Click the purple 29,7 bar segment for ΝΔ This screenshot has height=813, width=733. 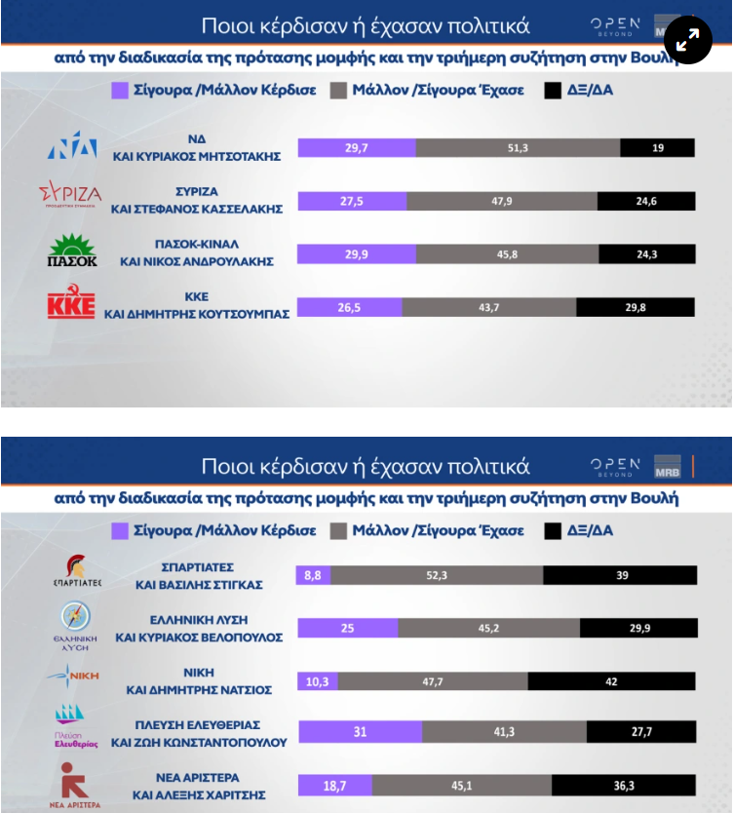[357, 148]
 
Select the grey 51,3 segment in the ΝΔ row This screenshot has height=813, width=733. [518, 148]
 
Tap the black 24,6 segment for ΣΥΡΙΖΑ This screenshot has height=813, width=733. [646, 201]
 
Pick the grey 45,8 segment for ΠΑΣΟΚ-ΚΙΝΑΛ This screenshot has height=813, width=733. [507, 254]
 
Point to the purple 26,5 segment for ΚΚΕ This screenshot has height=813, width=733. [349, 307]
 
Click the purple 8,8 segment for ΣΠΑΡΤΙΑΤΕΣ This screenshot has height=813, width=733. [313, 575]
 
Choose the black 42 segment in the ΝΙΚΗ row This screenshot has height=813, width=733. [612, 681]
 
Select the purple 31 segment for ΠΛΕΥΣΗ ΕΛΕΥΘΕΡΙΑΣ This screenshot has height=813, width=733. [361, 731]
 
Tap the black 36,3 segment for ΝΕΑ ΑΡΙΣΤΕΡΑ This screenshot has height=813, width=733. [624, 786]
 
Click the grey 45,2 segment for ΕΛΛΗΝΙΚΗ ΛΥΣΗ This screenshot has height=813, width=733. [489, 629]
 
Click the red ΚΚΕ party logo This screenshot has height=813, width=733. [71, 301]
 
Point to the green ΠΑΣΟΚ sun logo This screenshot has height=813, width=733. [72, 251]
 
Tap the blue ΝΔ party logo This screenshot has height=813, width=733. [72, 144]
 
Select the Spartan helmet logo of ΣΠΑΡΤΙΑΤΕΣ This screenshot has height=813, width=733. [76, 566]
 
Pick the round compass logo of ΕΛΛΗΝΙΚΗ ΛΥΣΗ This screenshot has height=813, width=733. [76, 616]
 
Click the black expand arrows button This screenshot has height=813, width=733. [688, 40]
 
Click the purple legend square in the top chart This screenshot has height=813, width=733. [120, 91]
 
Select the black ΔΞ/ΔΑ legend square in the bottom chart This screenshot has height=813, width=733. [553, 531]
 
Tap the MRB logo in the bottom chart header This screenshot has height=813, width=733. [667, 467]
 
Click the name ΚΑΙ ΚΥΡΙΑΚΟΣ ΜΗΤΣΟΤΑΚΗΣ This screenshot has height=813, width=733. [197, 157]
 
